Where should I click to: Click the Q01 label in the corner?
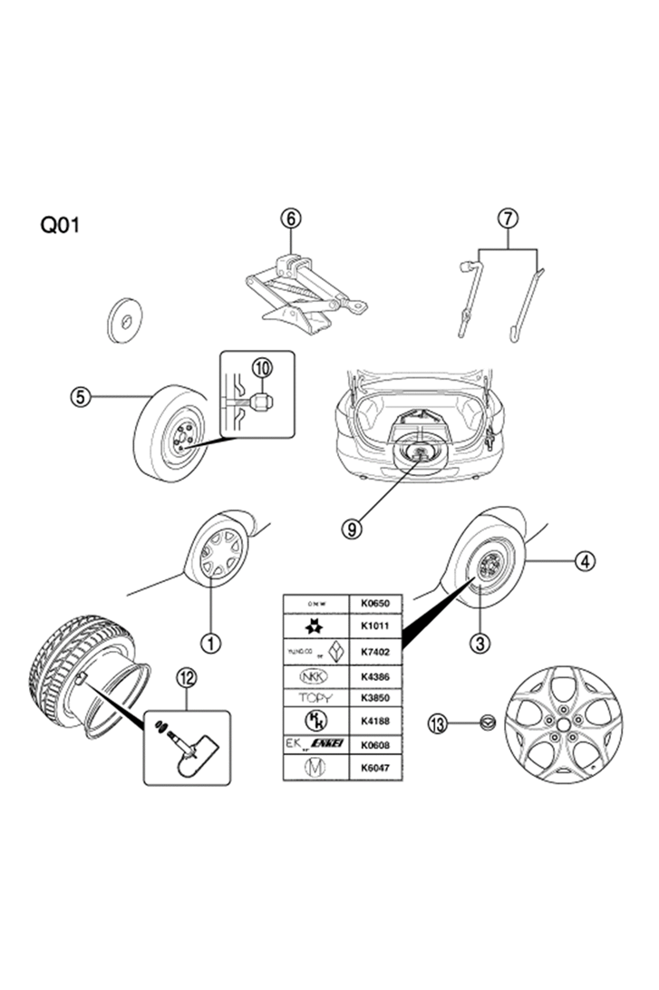[x=61, y=224]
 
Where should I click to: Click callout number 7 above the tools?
[x=508, y=218]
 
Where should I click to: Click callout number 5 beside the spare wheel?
[x=82, y=397]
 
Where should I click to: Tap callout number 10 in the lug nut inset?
[x=263, y=367]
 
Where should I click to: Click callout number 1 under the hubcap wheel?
[x=211, y=643]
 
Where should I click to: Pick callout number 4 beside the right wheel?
[x=586, y=561]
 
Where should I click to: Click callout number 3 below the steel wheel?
[x=480, y=643]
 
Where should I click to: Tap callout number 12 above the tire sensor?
[x=187, y=676]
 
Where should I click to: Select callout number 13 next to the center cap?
[x=439, y=723]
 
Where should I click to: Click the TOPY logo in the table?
[x=316, y=698]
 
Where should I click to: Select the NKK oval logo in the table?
[x=316, y=675]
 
